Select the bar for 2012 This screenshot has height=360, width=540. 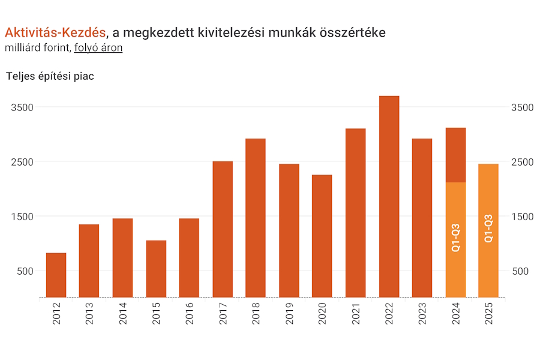click(56, 275)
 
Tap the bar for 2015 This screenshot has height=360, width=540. click(156, 269)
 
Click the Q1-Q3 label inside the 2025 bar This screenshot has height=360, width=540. click(488, 229)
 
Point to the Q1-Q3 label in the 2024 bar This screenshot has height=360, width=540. click(455, 237)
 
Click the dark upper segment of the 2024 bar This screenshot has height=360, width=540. click(455, 155)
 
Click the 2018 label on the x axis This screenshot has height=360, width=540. click(256, 313)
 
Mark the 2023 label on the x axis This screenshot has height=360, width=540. click(422, 313)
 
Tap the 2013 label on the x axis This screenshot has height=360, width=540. click(89, 313)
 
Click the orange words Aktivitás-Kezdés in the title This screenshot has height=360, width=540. click(55, 32)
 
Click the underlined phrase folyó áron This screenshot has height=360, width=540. click(98, 48)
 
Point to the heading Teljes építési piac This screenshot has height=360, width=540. click(50, 76)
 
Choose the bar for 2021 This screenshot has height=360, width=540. click(355, 213)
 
